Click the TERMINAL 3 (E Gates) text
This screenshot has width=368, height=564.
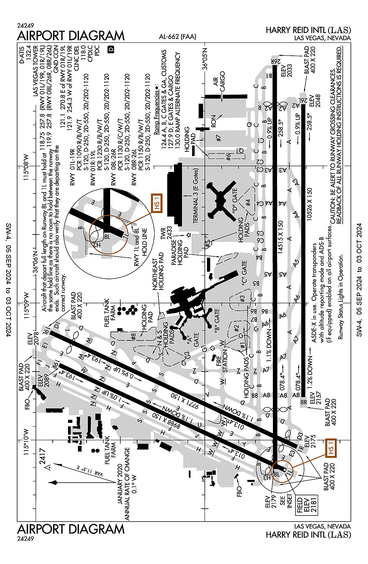click(196, 197)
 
